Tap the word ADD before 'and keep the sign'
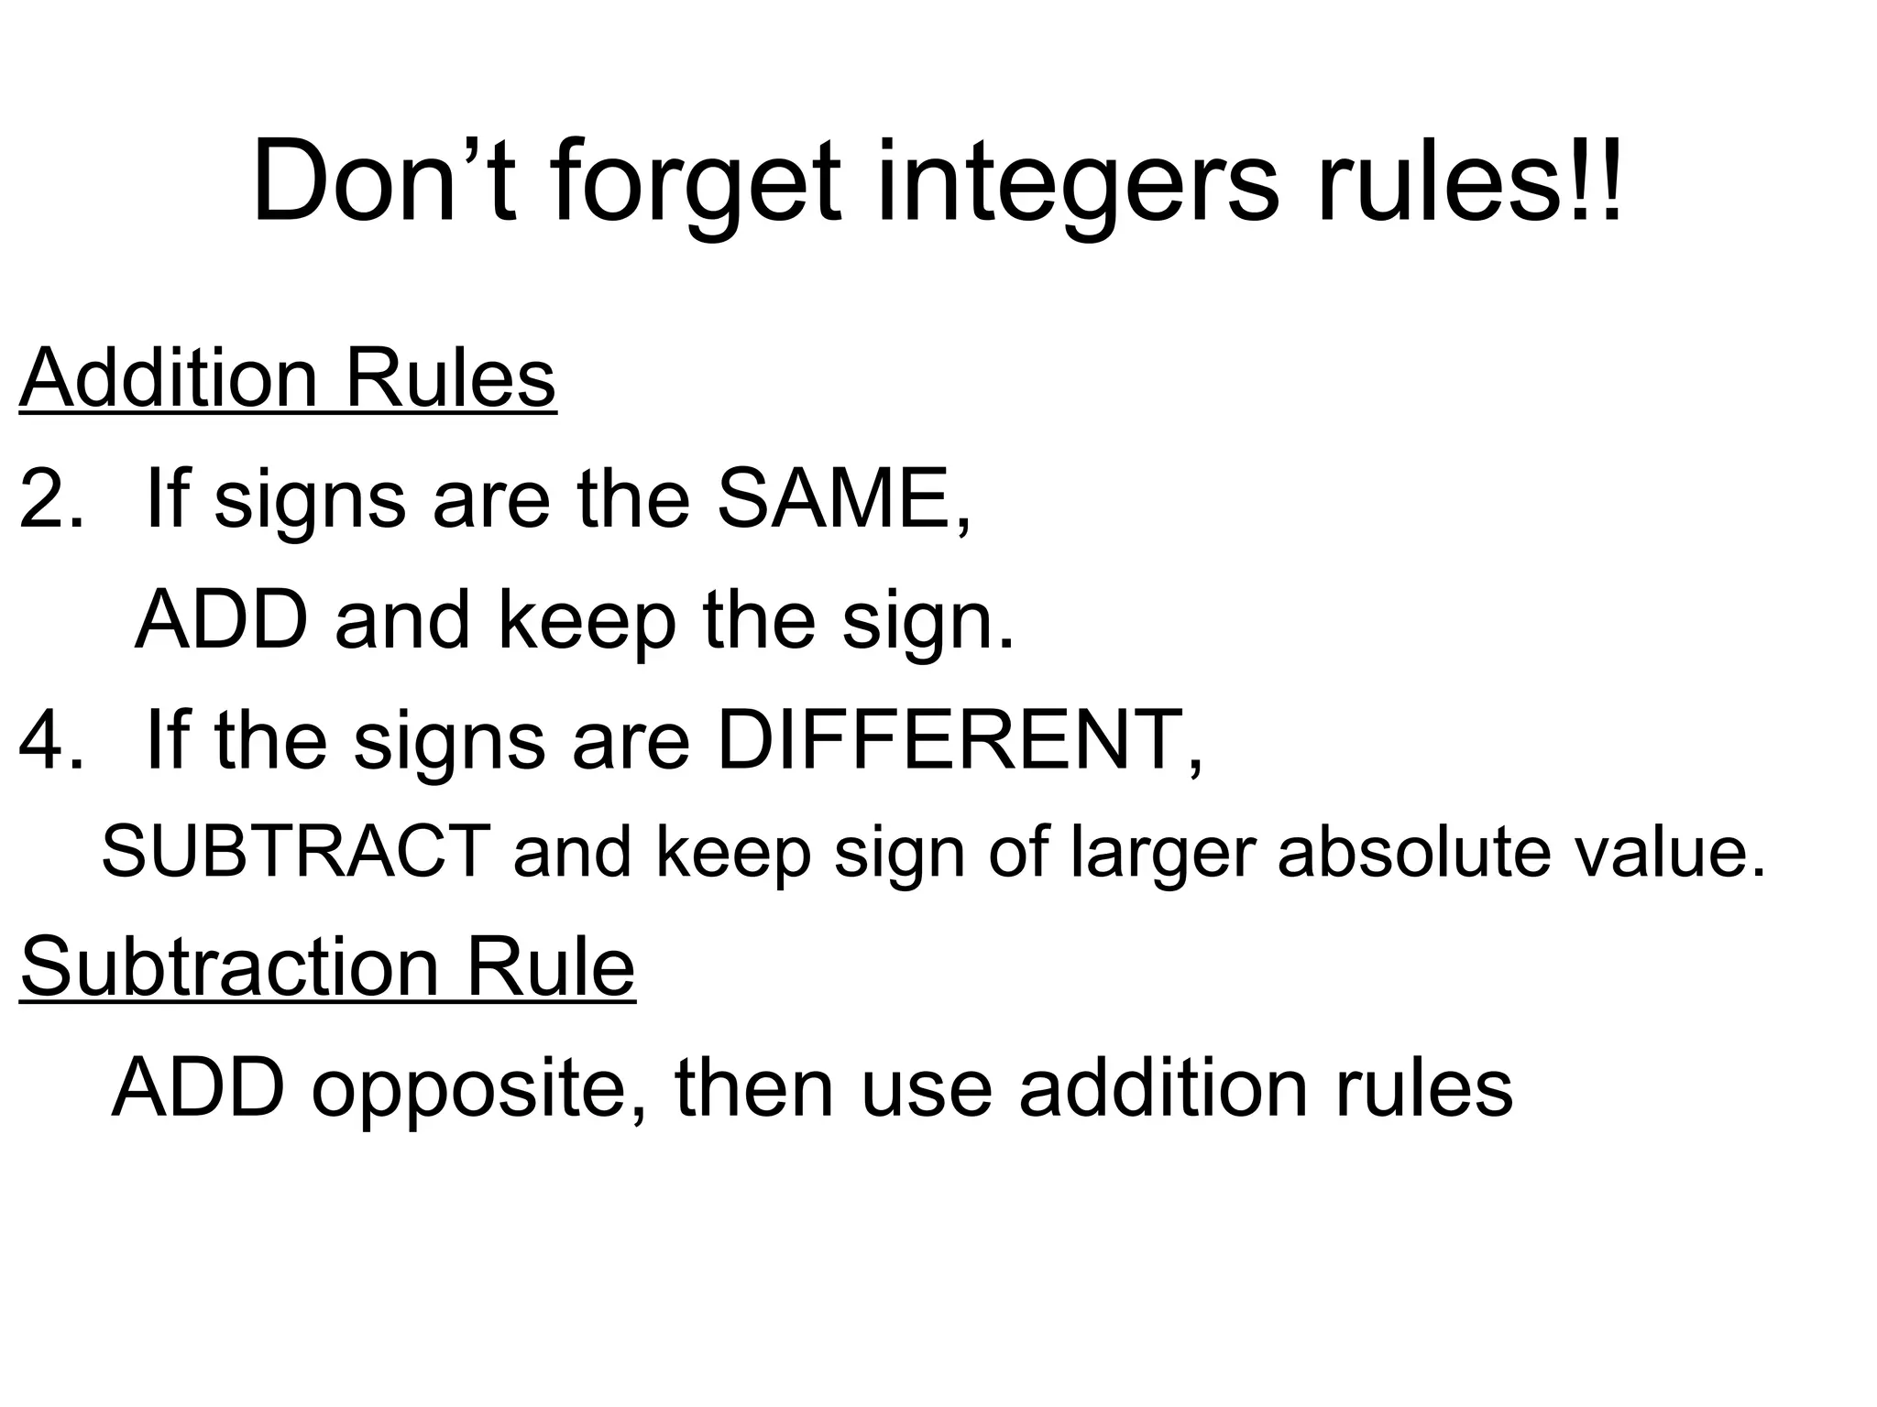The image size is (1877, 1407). pos(221,620)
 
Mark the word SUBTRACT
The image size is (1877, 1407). pos(296,852)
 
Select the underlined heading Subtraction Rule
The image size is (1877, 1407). pos(327,967)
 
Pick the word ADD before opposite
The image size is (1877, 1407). pos(198,1088)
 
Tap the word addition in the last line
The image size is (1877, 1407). pos(1163,1088)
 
